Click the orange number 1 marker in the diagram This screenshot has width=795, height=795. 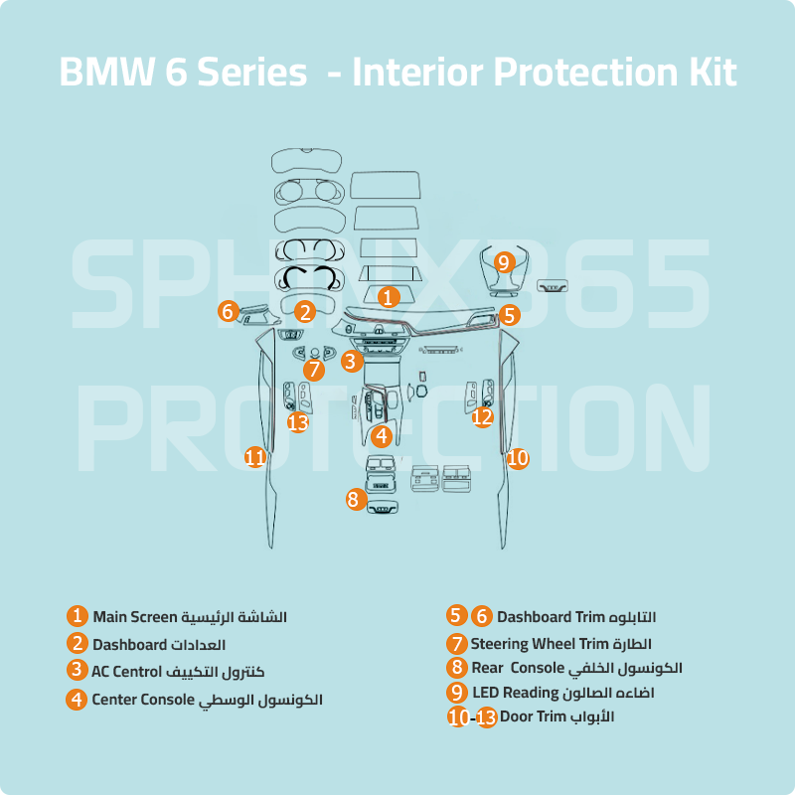389,296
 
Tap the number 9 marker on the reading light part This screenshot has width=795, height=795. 504,262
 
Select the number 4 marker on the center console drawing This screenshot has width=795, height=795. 382,435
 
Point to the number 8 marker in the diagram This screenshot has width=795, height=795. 354,499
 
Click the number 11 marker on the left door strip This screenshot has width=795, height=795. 255,457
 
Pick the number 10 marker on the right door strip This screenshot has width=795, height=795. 518,458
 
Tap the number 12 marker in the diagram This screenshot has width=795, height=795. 482,417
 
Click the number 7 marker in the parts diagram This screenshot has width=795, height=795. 314,370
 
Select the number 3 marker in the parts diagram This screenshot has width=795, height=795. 350,362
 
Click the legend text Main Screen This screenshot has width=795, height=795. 134,617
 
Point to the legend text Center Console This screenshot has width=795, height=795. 143,700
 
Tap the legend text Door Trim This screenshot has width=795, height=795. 533,716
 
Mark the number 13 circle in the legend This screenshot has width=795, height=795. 486,717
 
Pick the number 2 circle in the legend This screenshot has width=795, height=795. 77,644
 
